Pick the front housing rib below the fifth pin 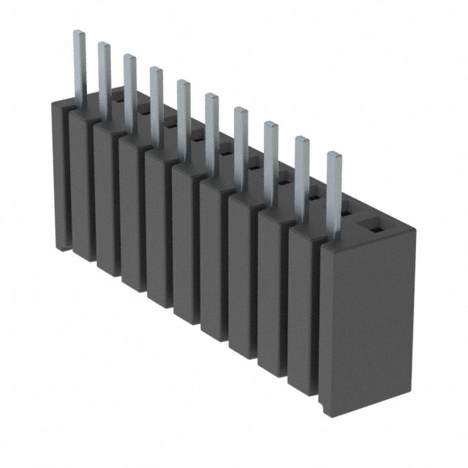coord(186,246)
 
